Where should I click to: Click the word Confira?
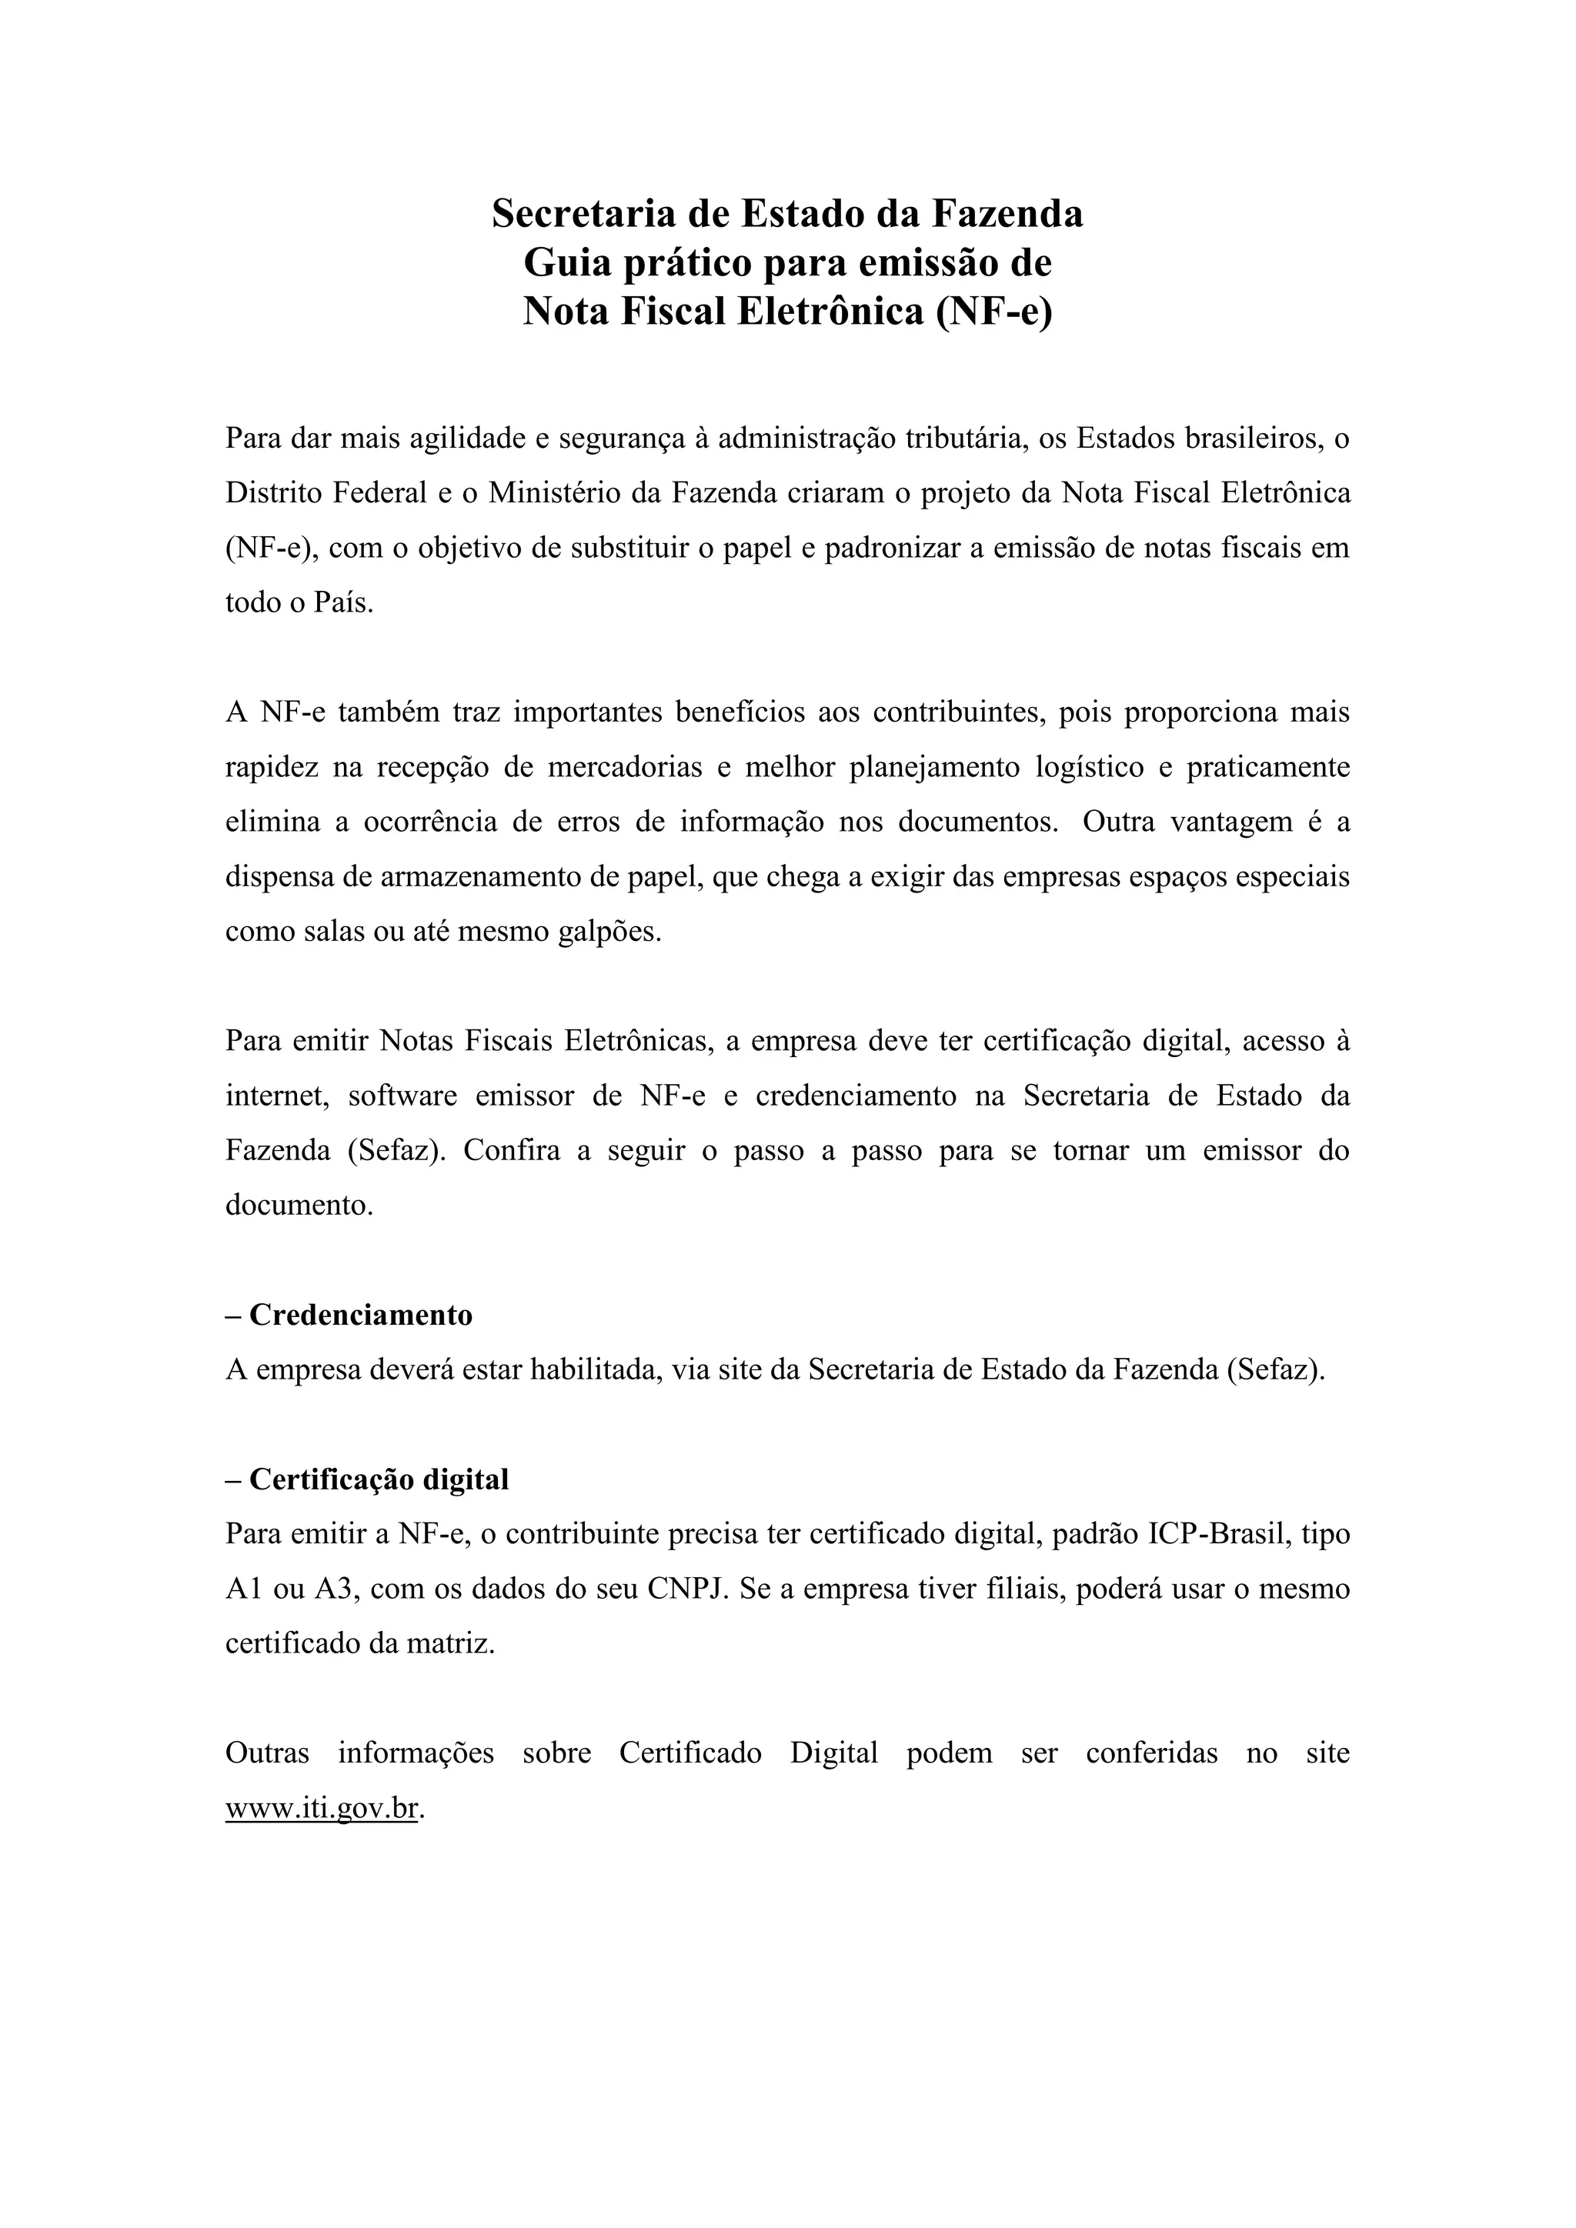(512, 1151)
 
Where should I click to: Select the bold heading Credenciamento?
(360, 1315)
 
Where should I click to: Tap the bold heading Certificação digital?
(379, 1479)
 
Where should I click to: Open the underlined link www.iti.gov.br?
(321, 1809)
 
